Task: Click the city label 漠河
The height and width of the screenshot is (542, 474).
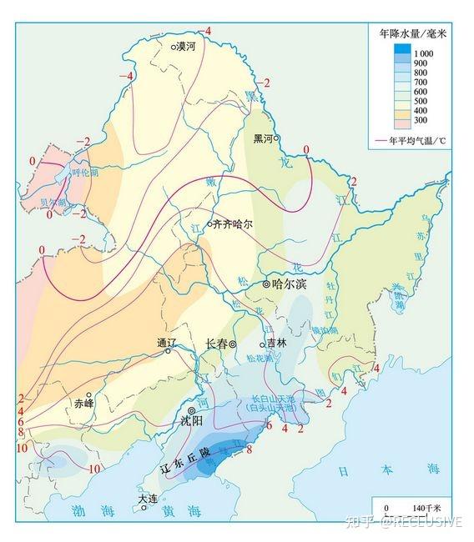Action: point(187,48)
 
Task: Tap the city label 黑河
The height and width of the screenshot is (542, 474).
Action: point(265,138)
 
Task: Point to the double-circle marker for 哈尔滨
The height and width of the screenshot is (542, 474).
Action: point(266,284)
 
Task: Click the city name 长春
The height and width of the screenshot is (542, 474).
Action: point(216,344)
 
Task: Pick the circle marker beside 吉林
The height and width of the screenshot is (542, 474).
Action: point(262,344)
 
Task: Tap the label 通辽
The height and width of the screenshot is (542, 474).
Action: point(167,342)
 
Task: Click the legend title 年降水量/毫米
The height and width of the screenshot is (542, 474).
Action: point(413,33)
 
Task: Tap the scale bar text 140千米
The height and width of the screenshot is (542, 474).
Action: point(426,507)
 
